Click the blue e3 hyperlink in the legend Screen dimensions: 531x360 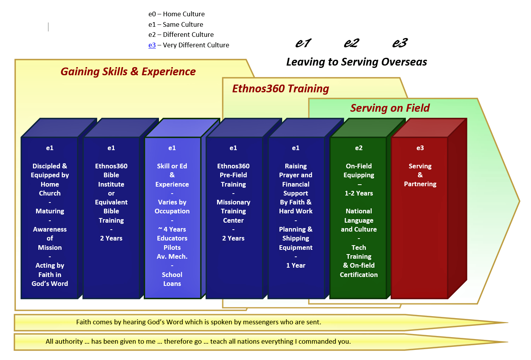[x=152, y=45]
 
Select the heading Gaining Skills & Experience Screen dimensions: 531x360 [x=128, y=72]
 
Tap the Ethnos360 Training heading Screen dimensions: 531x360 [x=281, y=89]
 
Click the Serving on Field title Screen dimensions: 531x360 [x=390, y=108]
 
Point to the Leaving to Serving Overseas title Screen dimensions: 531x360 [x=357, y=62]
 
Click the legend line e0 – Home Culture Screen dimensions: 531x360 [x=176, y=14]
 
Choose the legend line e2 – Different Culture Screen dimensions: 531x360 [x=181, y=35]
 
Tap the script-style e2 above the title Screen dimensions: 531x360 [x=352, y=43]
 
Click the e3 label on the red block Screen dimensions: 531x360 [x=420, y=148]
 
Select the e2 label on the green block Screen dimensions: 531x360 [x=359, y=148]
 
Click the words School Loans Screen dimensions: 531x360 [x=172, y=279]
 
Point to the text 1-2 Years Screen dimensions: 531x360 [x=359, y=193]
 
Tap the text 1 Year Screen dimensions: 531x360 [x=296, y=265]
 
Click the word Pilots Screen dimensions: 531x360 [x=172, y=247]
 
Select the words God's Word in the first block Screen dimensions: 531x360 [x=50, y=284]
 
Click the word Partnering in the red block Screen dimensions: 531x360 [x=420, y=184]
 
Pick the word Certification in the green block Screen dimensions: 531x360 [x=359, y=275]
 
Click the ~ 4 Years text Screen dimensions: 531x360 [x=172, y=230]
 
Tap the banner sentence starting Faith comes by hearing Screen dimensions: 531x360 [x=199, y=322]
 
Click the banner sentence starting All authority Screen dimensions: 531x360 [x=198, y=341]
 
